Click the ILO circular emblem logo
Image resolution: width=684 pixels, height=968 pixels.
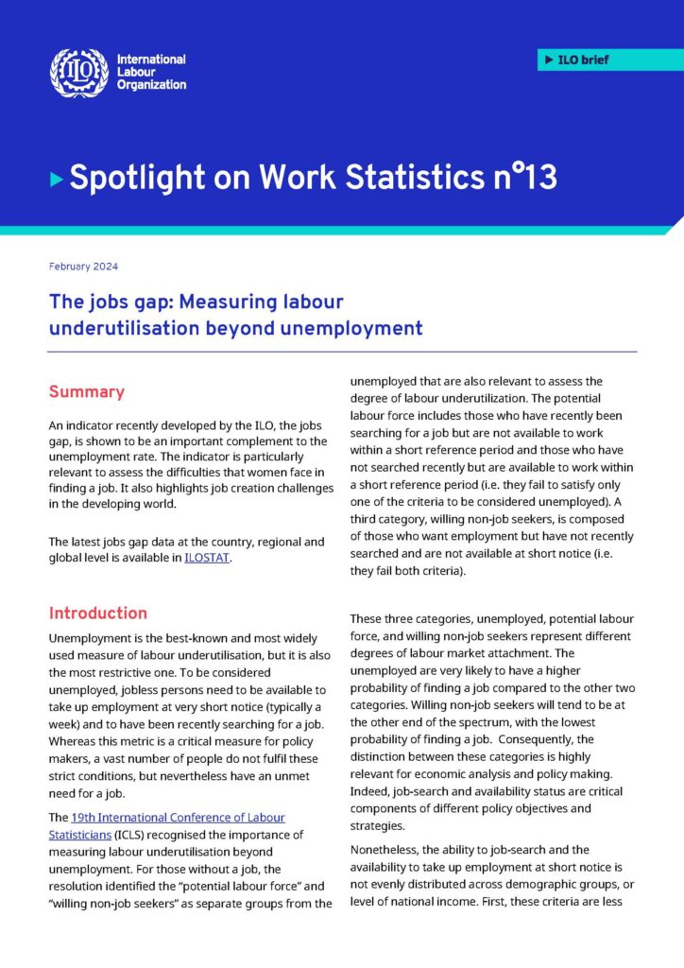[x=78, y=73]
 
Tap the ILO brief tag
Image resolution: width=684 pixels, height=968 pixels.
[x=610, y=60]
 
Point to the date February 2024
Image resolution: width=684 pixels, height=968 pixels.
[x=83, y=267]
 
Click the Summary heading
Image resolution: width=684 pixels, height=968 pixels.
[x=86, y=391]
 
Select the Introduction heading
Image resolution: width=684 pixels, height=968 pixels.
[x=98, y=613]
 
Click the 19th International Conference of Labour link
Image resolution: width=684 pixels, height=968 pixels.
[x=178, y=817]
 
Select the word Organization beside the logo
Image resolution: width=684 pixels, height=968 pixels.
[x=151, y=85]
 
